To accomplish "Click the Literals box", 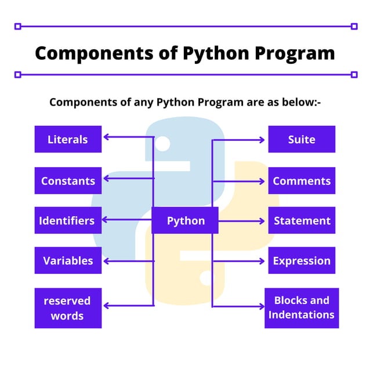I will pyautogui.click(x=68, y=139).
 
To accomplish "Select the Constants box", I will pyautogui.click(x=68, y=180).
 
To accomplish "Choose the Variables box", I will pyautogui.click(x=68, y=260).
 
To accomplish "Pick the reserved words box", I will pyautogui.click(x=68, y=308).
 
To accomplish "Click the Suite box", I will pyautogui.click(x=302, y=139).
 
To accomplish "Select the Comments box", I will pyautogui.click(x=302, y=180).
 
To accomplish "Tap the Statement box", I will pyautogui.click(x=302, y=220).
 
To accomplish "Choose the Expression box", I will pyautogui.click(x=302, y=260).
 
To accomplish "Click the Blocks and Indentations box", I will pyautogui.click(x=302, y=308).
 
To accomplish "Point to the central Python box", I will pyautogui.click(x=185, y=220).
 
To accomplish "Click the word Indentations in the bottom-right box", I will pyautogui.click(x=302, y=315).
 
